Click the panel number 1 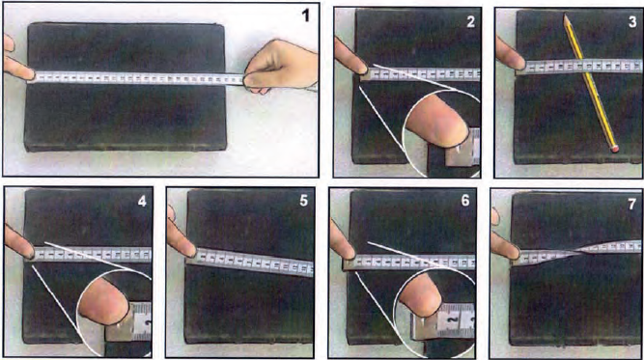pyautogui.click(x=305, y=16)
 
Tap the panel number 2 pyautogui.click(x=470, y=21)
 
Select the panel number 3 pyautogui.click(x=632, y=21)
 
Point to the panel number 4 pyautogui.click(x=142, y=201)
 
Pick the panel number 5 pyautogui.click(x=303, y=201)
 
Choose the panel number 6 pyautogui.click(x=465, y=201)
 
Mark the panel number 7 pyautogui.click(x=632, y=204)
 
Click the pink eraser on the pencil pyautogui.click(x=614, y=149)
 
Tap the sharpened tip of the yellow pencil pyautogui.click(x=566, y=16)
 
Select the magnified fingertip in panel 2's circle pyautogui.click(x=437, y=125)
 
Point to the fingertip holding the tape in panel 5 pyautogui.click(x=182, y=245)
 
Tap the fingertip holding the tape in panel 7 pyautogui.click(x=506, y=245)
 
